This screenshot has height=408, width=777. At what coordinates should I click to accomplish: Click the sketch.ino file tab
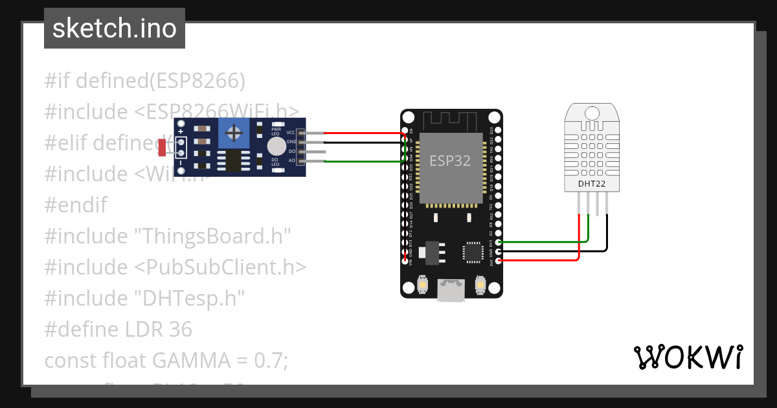[115, 28]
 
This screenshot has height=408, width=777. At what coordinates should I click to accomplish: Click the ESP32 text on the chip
[450, 161]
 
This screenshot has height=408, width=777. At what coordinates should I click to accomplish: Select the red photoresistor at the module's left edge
[163, 147]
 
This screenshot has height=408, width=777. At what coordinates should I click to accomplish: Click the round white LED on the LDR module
[276, 145]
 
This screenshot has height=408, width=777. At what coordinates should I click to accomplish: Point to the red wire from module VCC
[363, 133]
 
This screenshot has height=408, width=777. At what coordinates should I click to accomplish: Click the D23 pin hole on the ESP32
[497, 130]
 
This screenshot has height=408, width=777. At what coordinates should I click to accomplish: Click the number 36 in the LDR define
[180, 329]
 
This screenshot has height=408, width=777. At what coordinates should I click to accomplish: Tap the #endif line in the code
[76, 205]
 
